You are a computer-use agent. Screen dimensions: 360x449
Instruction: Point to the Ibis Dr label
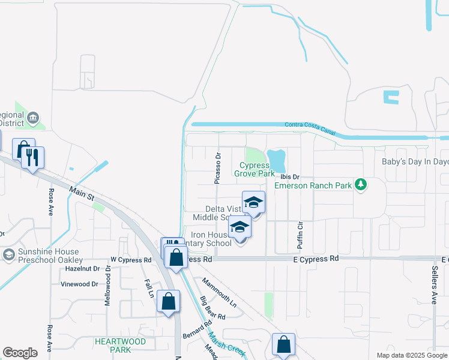pos(289,177)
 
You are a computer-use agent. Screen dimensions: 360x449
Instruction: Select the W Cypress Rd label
pos(131,260)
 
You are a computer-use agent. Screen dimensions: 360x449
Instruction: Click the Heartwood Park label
pos(120,345)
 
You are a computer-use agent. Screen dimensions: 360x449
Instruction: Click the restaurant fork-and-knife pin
pos(32,158)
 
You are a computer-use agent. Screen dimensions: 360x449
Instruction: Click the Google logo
pos(20,352)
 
